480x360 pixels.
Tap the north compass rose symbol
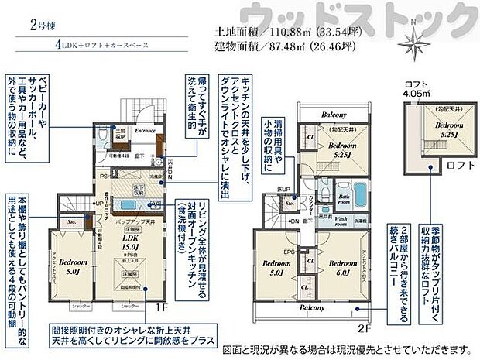click(417, 40)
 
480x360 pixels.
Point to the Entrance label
click(146, 131)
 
